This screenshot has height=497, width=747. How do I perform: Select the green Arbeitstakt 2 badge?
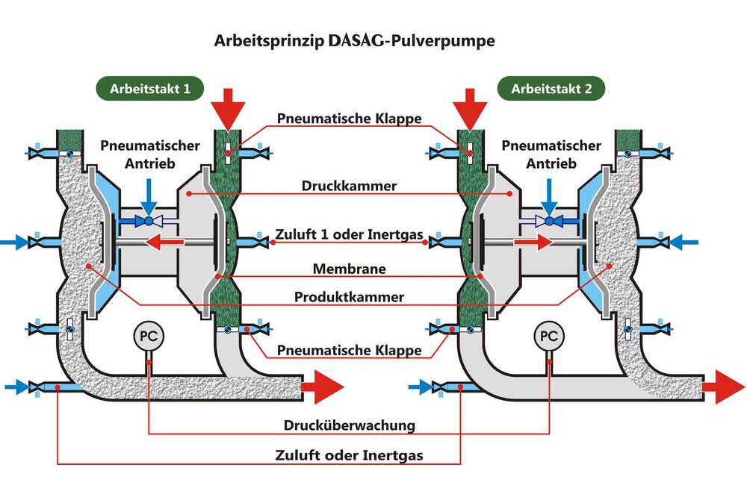pyautogui.click(x=551, y=89)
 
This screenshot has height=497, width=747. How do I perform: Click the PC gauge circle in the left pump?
pyautogui.click(x=149, y=336)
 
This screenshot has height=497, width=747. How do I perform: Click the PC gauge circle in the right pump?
pyautogui.click(x=549, y=336)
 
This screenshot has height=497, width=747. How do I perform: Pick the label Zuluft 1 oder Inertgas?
pyautogui.click(x=350, y=236)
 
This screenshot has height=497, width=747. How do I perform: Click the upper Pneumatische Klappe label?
pyautogui.click(x=350, y=119)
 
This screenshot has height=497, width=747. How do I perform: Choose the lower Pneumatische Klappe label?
pyautogui.click(x=350, y=350)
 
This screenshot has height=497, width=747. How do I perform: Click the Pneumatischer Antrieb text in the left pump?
pyautogui.click(x=138, y=154)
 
